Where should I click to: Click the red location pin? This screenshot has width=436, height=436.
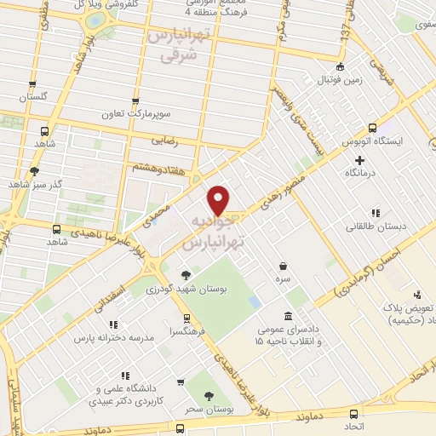tap(220, 199)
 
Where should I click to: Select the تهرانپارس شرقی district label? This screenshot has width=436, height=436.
tap(178, 44)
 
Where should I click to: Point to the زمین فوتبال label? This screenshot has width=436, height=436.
tap(341, 80)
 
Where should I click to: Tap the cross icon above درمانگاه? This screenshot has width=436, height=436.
tap(359, 159)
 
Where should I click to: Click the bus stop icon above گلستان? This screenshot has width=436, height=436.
tap(32, 85)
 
